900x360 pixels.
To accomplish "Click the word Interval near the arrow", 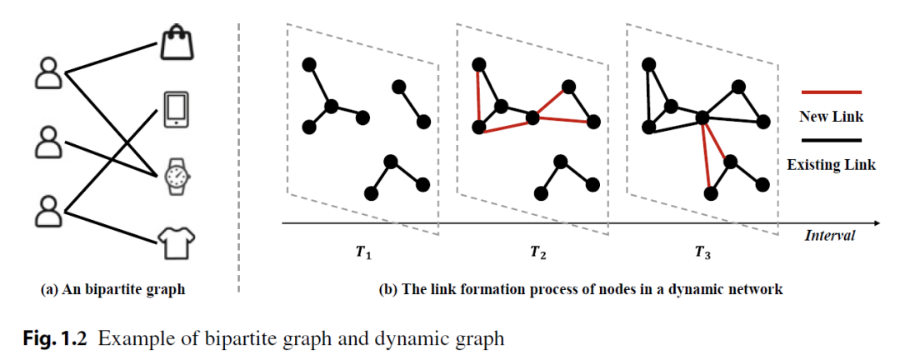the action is [x=829, y=236].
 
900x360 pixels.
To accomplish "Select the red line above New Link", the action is [x=830, y=92].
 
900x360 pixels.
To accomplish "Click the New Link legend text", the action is [x=830, y=116].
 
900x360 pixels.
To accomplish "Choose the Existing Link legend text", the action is [x=831, y=165].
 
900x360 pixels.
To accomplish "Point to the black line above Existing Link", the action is [x=830, y=141].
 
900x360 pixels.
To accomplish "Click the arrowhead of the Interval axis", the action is [x=877, y=223].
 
